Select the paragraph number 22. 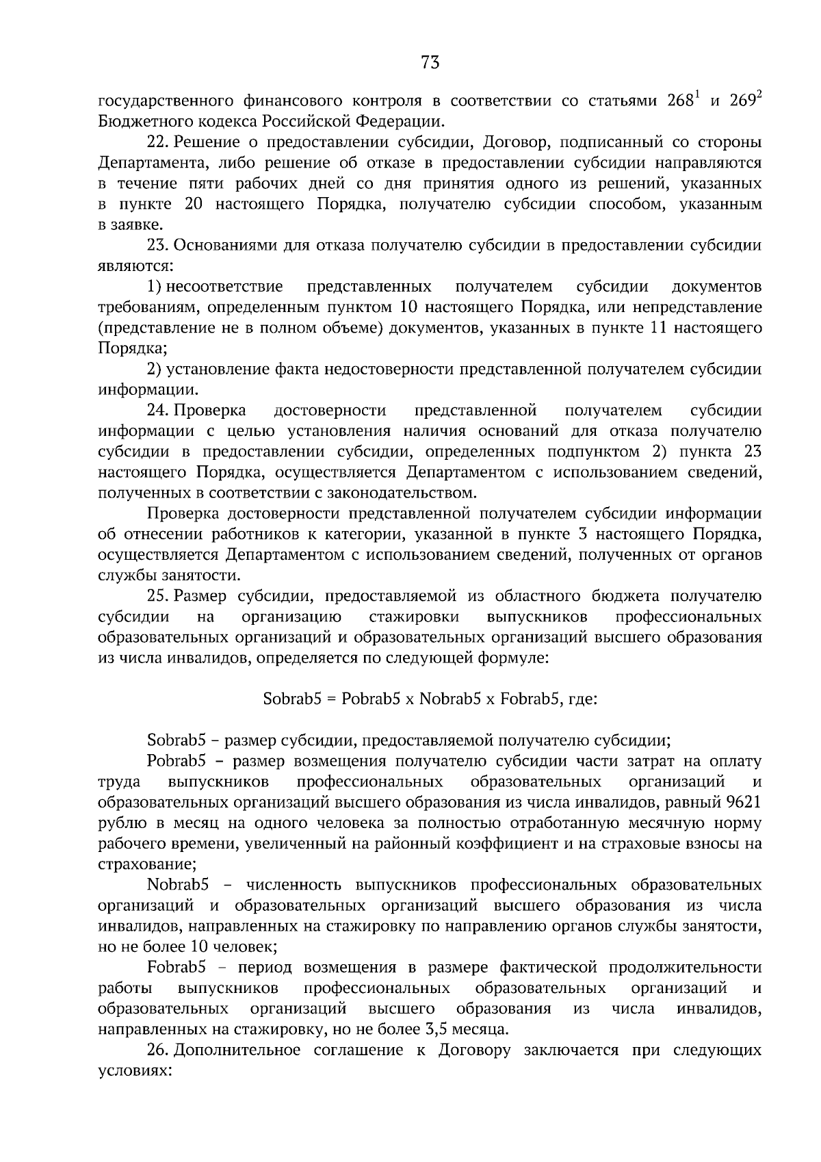[x=157, y=142]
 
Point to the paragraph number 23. [x=157, y=246]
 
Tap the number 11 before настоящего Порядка [x=656, y=328]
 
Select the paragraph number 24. [x=157, y=411]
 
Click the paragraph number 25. [x=157, y=596]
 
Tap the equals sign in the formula [x=331, y=699]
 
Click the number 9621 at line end [x=746, y=802]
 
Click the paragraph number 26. [x=157, y=1050]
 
